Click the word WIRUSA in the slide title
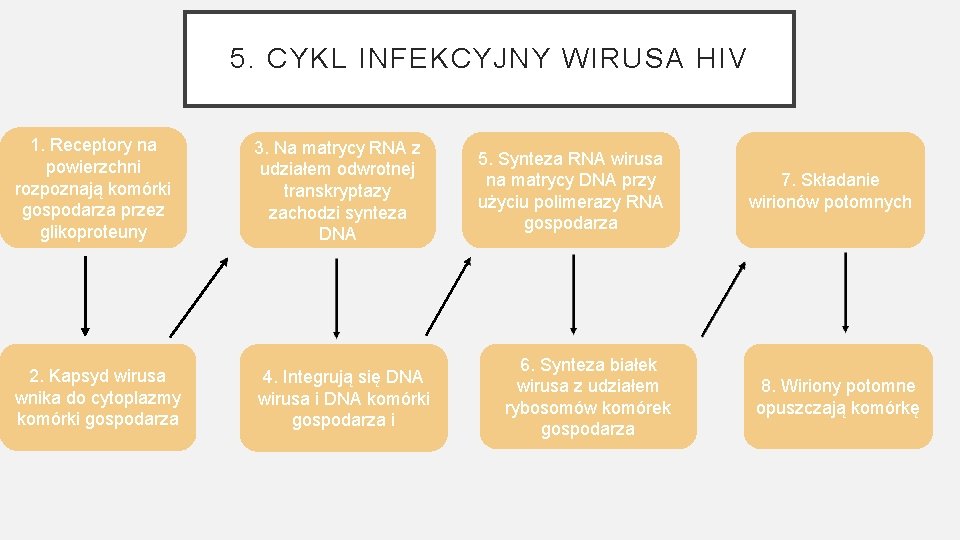[x=623, y=59]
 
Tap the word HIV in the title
[x=717, y=59]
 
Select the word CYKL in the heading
[x=293, y=59]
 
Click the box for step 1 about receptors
[x=93, y=188]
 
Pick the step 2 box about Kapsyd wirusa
[x=98, y=397]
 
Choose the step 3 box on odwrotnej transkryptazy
[x=338, y=191]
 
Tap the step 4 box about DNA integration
[x=343, y=398]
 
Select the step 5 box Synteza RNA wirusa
[x=570, y=191]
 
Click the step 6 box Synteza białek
[x=587, y=397]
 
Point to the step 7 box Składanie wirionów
[x=830, y=191]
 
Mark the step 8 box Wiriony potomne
[x=837, y=397]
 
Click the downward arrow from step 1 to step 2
[x=85, y=295]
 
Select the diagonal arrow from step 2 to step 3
[x=198, y=297]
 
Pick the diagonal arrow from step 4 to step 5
[x=447, y=297]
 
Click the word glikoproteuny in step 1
[x=93, y=232]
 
